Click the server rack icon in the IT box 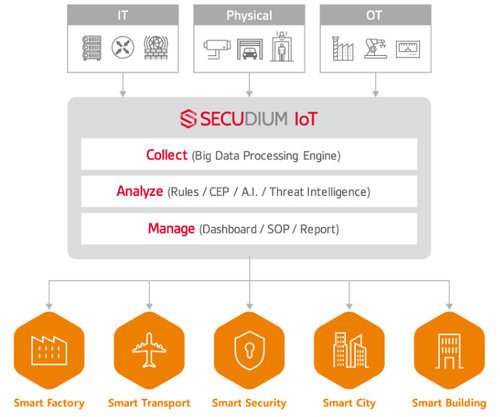(92, 48)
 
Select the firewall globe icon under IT (156, 48)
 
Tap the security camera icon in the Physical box (217, 49)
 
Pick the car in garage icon (250, 49)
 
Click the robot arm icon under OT (376, 49)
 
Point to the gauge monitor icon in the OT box (408, 49)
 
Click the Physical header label (249, 15)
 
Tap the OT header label (374, 15)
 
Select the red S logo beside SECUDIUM (188, 119)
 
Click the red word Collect (167, 155)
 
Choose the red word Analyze (140, 192)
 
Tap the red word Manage (171, 229)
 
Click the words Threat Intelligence (318, 192)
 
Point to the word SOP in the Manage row (278, 229)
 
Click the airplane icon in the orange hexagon (149, 350)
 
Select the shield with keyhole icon (249, 350)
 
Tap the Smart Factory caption (49, 403)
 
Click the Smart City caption (349, 403)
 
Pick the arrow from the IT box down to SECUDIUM (123, 85)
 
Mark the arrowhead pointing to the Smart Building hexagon (449, 306)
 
